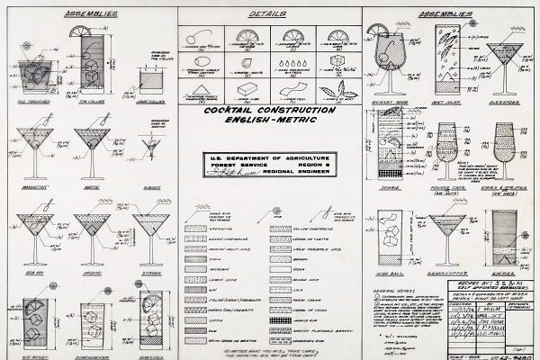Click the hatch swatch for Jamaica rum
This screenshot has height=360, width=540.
(280, 321)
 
